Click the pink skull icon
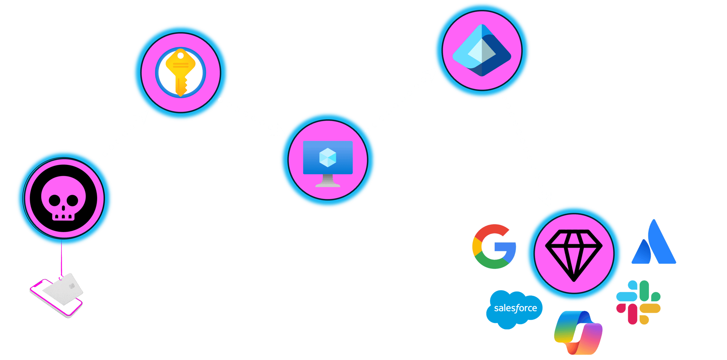point(64,199)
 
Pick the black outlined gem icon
point(574,255)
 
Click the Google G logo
point(494,247)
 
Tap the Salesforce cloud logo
point(515,309)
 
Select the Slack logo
point(639,302)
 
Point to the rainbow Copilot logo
point(578,332)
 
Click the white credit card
point(63,289)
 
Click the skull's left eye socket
point(55,200)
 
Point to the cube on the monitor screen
point(328,157)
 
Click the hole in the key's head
point(180,55)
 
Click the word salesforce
point(515,308)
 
